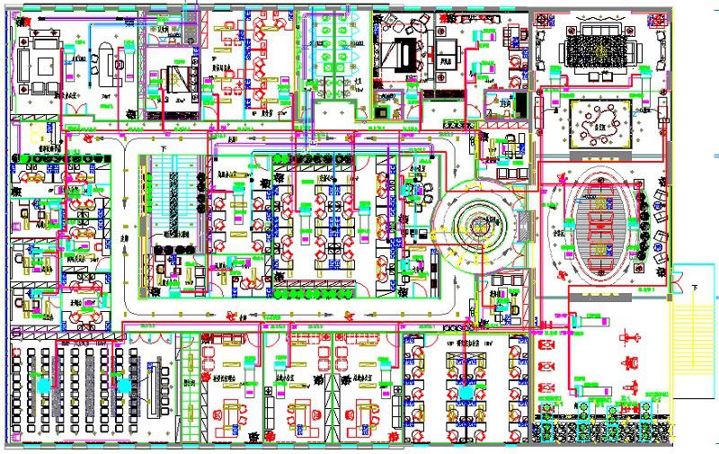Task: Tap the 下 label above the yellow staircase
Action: tap(697, 287)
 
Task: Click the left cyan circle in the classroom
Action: tap(43, 386)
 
